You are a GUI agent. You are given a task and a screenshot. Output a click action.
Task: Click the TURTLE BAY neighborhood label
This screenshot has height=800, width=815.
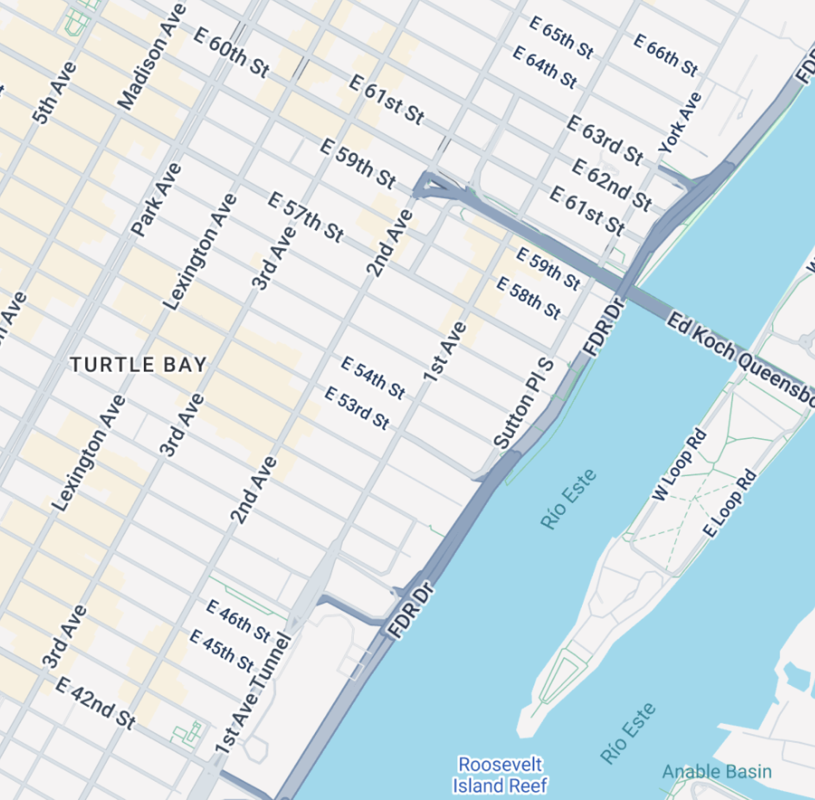tap(138, 365)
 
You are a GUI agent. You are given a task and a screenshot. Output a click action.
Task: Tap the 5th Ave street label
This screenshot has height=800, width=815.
tap(54, 92)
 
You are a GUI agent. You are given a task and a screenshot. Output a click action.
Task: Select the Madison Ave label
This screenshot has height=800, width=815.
tap(152, 58)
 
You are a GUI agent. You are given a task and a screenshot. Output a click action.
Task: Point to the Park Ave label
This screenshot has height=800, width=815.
tap(156, 200)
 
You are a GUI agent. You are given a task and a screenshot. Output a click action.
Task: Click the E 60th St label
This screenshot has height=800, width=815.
tap(232, 52)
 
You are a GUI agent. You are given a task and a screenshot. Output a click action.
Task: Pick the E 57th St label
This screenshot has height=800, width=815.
tap(306, 216)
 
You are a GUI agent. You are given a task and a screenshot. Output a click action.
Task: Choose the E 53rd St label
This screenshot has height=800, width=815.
tap(357, 408)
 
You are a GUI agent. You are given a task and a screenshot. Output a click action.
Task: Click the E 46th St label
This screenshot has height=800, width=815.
tap(238, 621)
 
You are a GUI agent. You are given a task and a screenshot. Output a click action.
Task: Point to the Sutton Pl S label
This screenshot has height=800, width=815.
tap(524, 403)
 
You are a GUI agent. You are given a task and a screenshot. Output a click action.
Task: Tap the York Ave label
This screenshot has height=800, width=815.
tap(680, 123)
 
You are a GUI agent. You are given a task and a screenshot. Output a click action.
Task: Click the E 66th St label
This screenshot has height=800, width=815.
tap(666, 54)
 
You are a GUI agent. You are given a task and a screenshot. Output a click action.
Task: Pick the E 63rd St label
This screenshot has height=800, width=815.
tap(605, 140)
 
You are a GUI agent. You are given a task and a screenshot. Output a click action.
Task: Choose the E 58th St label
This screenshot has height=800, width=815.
tap(529, 298)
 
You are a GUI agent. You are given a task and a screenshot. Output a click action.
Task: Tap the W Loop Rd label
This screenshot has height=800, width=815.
tap(679, 464)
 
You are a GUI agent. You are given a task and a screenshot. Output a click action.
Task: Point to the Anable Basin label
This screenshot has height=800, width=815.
tap(717, 771)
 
